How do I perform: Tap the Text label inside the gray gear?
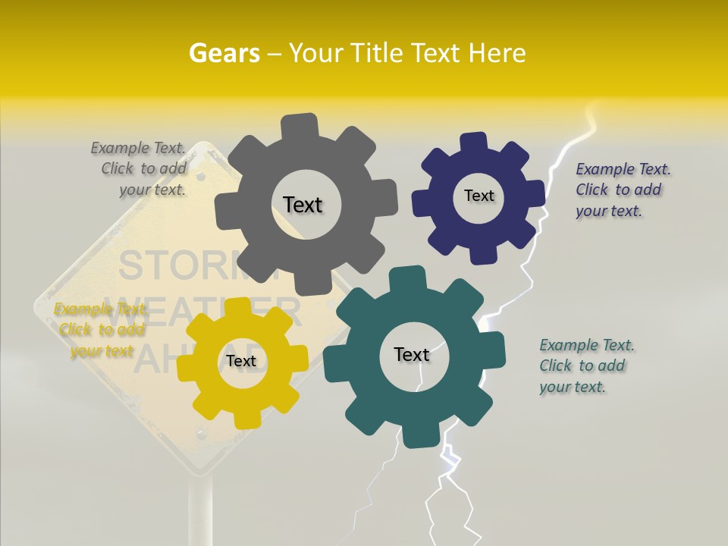[303, 205]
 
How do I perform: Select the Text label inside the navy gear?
[479, 196]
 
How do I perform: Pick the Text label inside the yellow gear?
[240, 361]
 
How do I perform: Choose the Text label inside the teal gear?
[412, 354]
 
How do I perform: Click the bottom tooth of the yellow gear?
[247, 419]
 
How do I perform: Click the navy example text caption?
[621, 190]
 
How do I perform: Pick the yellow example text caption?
[100, 330]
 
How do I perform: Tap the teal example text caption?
[585, 366]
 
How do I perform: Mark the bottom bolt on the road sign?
[201, 436]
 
